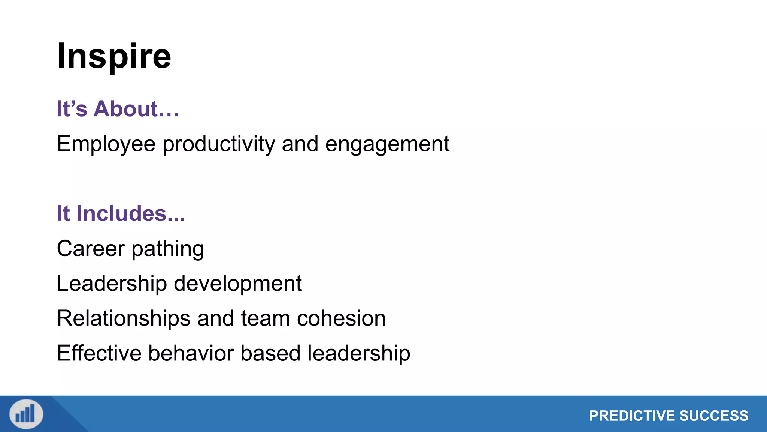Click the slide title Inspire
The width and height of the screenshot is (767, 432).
point(114,56)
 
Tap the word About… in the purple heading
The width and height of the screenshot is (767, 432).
point(136,109)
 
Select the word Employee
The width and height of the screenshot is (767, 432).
point(106,144)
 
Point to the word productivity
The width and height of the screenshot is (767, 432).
point(219,144)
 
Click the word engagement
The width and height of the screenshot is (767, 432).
point(387,144)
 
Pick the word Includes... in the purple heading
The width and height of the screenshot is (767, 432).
point(131,213)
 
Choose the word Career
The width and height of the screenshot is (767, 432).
point(91,248)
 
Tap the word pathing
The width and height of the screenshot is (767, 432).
point(167,249)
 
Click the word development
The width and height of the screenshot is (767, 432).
point(238,283)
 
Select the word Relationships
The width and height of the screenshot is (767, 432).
point(124,318)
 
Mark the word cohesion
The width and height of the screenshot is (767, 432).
point(341,318)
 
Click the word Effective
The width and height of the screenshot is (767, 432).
point(99,353)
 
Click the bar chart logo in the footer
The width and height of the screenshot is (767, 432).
point(26,414)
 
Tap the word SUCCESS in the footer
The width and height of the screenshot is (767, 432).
point(714,416)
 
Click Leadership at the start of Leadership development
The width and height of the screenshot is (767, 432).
point(112,283)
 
